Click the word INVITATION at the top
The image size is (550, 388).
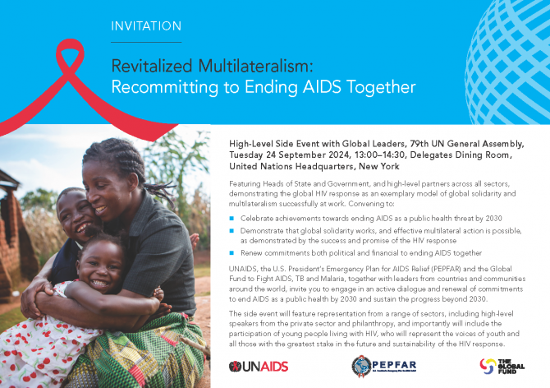[x=146, y=26]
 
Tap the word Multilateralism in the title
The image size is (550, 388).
[x=255, y=66]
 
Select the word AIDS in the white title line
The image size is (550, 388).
[x=322, y=87]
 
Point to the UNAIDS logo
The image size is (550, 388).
[x=259, y=367]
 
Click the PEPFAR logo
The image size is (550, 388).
[x=384, y=366]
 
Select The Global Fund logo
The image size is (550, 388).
[x=502, y=367]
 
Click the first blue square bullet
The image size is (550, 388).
[x=231, y=219]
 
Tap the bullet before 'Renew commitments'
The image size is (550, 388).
[x=231, y=253]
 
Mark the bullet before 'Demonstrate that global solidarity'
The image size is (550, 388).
[x=231, y=231]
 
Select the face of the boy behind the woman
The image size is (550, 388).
[x=74, y=215]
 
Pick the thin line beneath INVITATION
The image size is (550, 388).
[x=146, y=42]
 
